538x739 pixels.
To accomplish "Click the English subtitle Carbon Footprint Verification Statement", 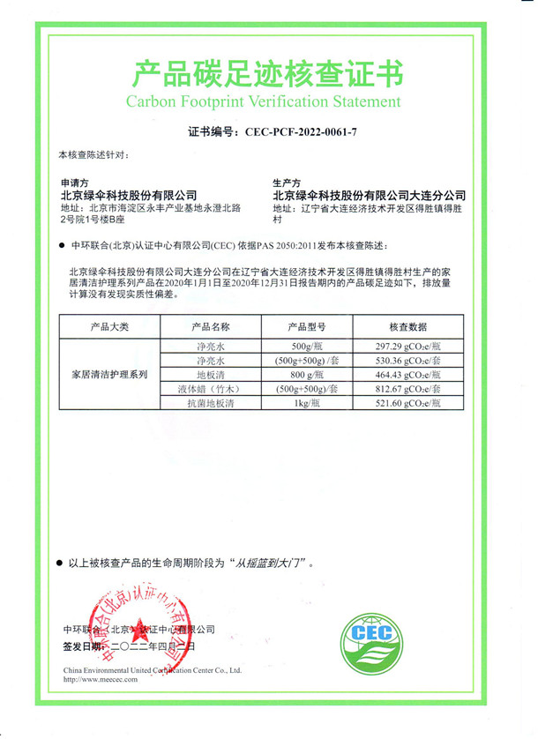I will [x=269, y=101].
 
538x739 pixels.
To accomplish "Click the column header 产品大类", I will [x=109, y=327].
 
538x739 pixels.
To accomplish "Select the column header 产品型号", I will [x=306, y=327].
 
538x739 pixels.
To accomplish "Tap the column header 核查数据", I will [x=407, y=327].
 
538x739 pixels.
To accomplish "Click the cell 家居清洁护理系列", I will [x=109, y=375].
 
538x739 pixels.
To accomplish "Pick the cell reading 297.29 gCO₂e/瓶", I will [x=407, y=347].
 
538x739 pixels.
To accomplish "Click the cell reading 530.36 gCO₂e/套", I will [x=407, y=362].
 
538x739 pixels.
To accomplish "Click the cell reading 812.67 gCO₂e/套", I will [x=407, y=389].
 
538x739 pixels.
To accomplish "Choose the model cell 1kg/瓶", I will [x=306, y=403].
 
